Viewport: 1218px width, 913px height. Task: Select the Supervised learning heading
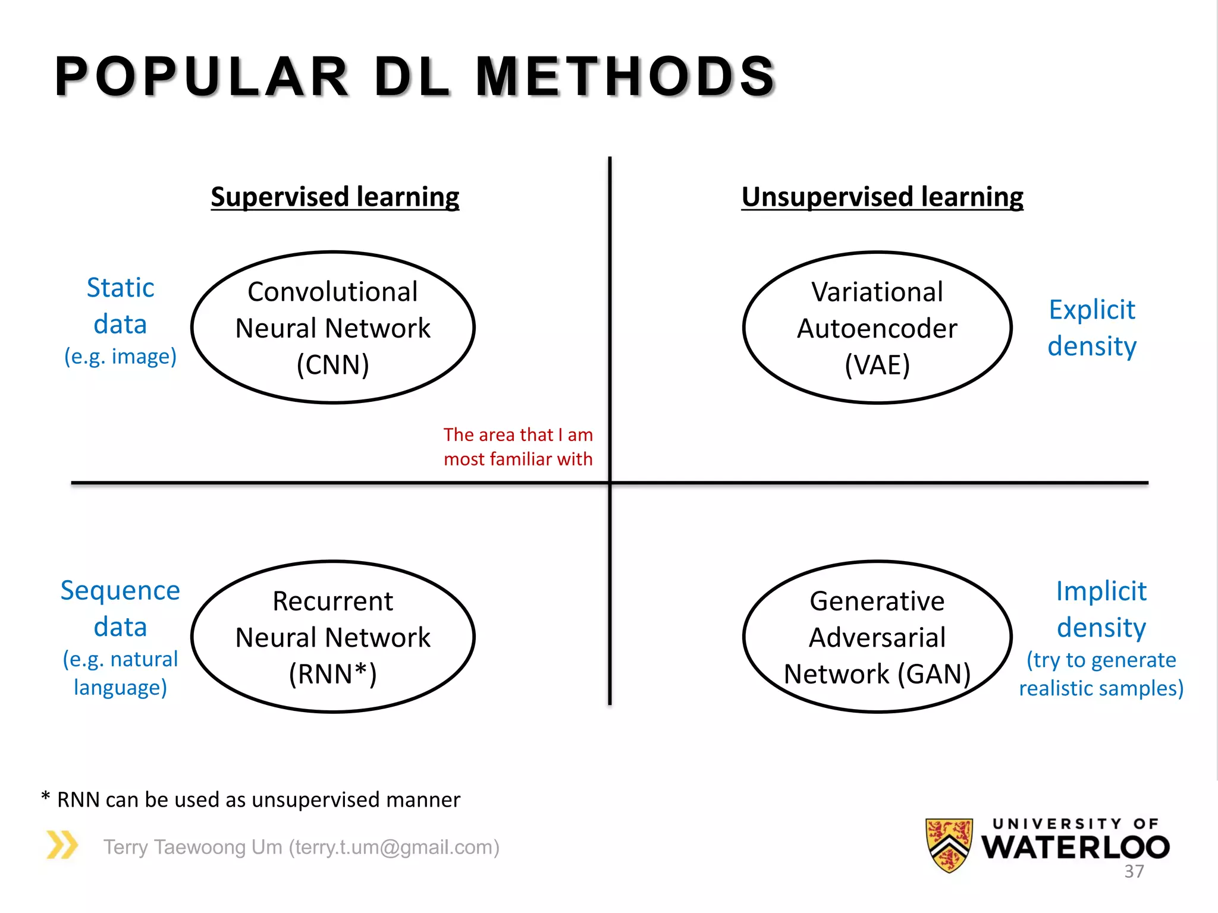[x=335, y=197]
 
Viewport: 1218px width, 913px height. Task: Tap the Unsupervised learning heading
[x=882, y=197]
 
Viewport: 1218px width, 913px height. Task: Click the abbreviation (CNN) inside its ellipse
[x=332, y=364]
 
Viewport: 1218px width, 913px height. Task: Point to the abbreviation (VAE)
[x=877, y=364]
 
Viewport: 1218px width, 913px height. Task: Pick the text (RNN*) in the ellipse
[x=332, y=674]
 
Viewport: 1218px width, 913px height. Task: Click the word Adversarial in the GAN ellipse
[x=877, y=638]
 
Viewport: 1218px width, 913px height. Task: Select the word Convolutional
[x=332, y=292]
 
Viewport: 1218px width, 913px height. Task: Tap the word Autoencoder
[x=877, y=329]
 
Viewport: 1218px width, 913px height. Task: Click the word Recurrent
[x=332, y=602]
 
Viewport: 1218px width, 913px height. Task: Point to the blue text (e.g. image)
[x=120, y=357]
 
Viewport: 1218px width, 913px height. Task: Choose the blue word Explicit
[x=1092, y=310]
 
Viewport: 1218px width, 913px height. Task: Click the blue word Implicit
[x=1101, y=591]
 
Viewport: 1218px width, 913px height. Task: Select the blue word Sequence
[x=120, y=590]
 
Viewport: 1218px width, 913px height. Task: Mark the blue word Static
[x=120, y=288]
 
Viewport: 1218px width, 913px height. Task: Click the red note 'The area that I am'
[x=518, y=435]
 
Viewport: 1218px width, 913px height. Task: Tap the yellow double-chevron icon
[x=62, y=845]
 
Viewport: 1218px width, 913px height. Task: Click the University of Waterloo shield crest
[x=949, y=845]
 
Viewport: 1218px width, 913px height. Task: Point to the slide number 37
[x=1134, y=871]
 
